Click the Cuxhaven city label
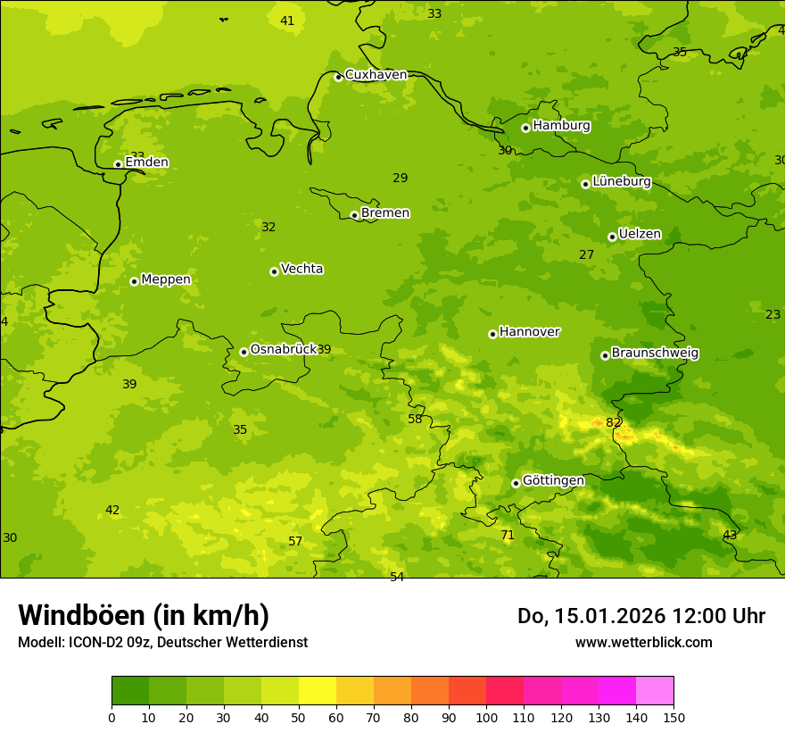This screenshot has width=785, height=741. pos(376,75)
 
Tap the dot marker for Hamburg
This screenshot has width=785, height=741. pos(525,128)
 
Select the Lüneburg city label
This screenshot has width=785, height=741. pos(621,181)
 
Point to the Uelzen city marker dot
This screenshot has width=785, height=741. pos(612,237)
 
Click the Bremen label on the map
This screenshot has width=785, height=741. pos(384,213)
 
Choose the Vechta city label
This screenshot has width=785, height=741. pos(302,269)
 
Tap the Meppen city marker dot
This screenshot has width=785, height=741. pos(134,281)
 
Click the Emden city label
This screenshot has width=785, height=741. pos(146,162)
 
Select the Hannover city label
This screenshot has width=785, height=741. pos(529,332)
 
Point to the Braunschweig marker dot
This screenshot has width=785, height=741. pos(605,355)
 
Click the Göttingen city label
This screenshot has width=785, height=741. pos(553,480)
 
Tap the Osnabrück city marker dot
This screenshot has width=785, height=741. pos(244,352)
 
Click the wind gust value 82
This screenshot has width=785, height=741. pos(613,422)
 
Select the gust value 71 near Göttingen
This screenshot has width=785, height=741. pos(507,535)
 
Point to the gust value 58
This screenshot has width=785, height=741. pos(415,419)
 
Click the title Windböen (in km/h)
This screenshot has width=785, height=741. pos(144,615)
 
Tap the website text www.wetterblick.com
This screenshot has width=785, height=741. pos(643,642)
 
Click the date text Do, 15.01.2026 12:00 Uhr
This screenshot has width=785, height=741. pos(640,616)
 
